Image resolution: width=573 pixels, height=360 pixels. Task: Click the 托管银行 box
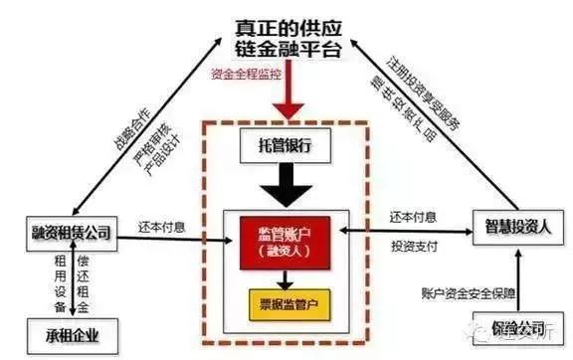279,146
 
